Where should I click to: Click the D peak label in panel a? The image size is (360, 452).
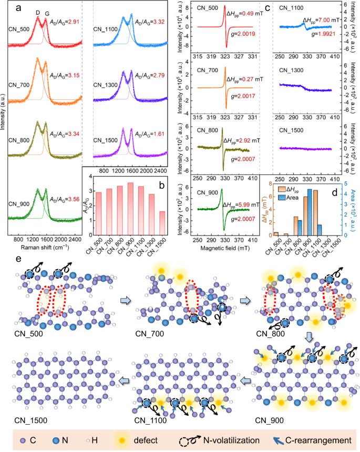coord(37,12)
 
